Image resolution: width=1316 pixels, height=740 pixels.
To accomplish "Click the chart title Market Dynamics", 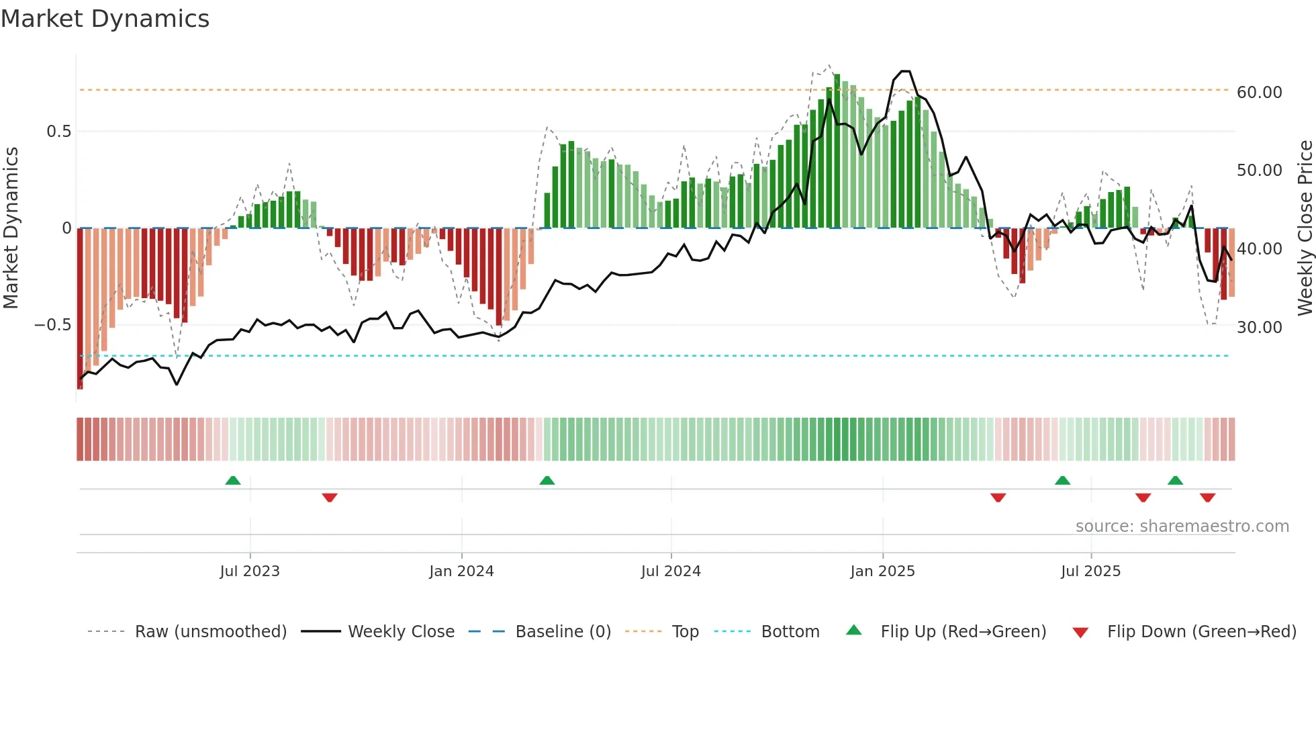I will point(105,19).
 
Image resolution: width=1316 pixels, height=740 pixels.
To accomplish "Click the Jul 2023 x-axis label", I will point(250,571).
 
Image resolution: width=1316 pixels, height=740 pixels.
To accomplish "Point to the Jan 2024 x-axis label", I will point(461,571).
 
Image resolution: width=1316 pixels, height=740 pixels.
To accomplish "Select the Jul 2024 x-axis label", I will point(671,571).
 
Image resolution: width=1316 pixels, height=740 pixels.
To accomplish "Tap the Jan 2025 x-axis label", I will point(882,571).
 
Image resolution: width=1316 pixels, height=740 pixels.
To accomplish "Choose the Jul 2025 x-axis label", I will point(1090,571).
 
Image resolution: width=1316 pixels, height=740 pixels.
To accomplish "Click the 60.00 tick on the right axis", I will point(1259,93).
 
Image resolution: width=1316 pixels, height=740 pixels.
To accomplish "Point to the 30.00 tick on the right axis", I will point(1259,328).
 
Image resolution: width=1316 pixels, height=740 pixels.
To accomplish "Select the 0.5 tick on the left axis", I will point(58,132).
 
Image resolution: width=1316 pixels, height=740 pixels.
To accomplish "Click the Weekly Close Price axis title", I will point(1305,228).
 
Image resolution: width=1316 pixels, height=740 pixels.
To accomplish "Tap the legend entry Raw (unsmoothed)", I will point(210,632).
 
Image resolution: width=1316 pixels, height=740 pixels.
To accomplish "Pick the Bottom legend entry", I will point(790,632).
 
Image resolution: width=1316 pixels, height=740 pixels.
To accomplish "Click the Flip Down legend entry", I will point(1201,632).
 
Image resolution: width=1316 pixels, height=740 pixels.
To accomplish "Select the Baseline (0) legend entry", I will point(563,632).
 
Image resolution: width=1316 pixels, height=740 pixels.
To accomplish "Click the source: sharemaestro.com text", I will point(1182,526).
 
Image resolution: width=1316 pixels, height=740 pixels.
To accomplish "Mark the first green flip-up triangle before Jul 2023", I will point(233,481).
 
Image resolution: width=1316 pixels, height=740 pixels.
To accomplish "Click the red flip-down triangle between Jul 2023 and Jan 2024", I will point(330,498).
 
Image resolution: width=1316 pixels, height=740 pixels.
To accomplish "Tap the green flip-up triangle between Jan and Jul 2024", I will point(547,481).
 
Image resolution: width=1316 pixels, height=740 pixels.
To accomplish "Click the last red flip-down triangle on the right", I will point(1208,498).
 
